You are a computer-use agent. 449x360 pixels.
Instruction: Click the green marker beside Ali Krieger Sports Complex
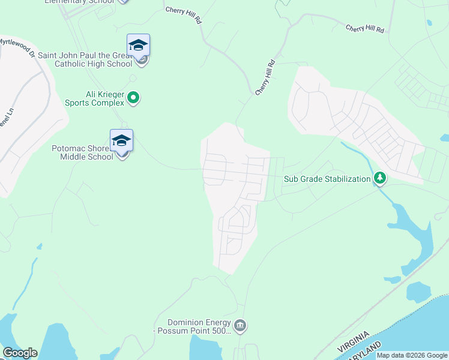click(x=134, y=97)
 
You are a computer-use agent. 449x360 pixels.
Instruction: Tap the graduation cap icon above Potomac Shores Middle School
click(x=121, y=140)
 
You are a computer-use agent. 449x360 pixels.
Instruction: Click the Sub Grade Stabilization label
click(x=327, y=179)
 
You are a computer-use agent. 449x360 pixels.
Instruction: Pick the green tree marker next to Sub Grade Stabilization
click(x=379, y=178)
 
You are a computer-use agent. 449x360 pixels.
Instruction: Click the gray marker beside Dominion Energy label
click(x=240, y=326)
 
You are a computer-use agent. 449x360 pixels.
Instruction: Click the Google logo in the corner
click(x=20, y=353)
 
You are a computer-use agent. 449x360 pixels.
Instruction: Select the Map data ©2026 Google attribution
click(x=412, y=355)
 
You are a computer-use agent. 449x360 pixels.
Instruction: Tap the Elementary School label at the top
click(x=79, y=2)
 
